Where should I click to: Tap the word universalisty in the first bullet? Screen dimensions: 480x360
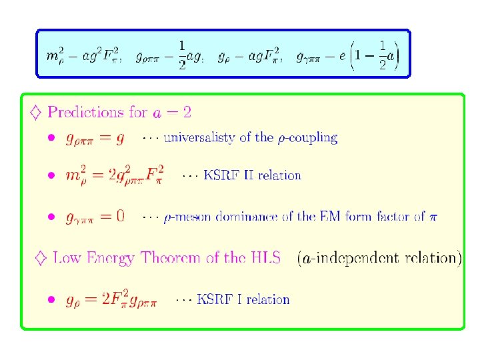(199, 138)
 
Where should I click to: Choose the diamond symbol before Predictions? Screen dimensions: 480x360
(36, 112)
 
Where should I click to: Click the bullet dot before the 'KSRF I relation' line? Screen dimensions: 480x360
(51, 300)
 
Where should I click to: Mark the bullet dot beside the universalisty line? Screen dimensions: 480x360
(51, 139)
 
